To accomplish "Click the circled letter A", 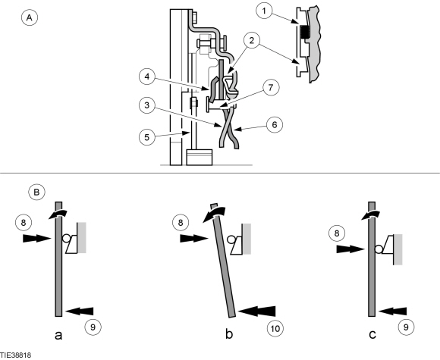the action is (29, 17).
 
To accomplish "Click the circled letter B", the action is (36, 192).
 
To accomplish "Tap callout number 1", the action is (264, 11).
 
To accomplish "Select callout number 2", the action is (251, 40).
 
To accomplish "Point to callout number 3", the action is (147, 105).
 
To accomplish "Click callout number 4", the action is (147, 77).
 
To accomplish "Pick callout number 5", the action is (147, 137).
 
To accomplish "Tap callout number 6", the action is (275, 124).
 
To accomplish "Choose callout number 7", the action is (271, 87).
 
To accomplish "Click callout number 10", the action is (275, 328).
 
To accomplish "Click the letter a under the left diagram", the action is (58, 335).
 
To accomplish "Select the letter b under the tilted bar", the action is (229, 334).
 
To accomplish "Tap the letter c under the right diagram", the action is (372, 335).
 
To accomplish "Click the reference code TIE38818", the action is (15, 355).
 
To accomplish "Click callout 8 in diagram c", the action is (337, 233).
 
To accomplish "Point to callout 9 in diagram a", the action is (93, 327).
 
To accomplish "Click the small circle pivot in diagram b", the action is (231, 239).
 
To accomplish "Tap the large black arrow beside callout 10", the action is (256, 311).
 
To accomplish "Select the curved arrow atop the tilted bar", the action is (215, 214).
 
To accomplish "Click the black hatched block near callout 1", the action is (304, 33).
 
